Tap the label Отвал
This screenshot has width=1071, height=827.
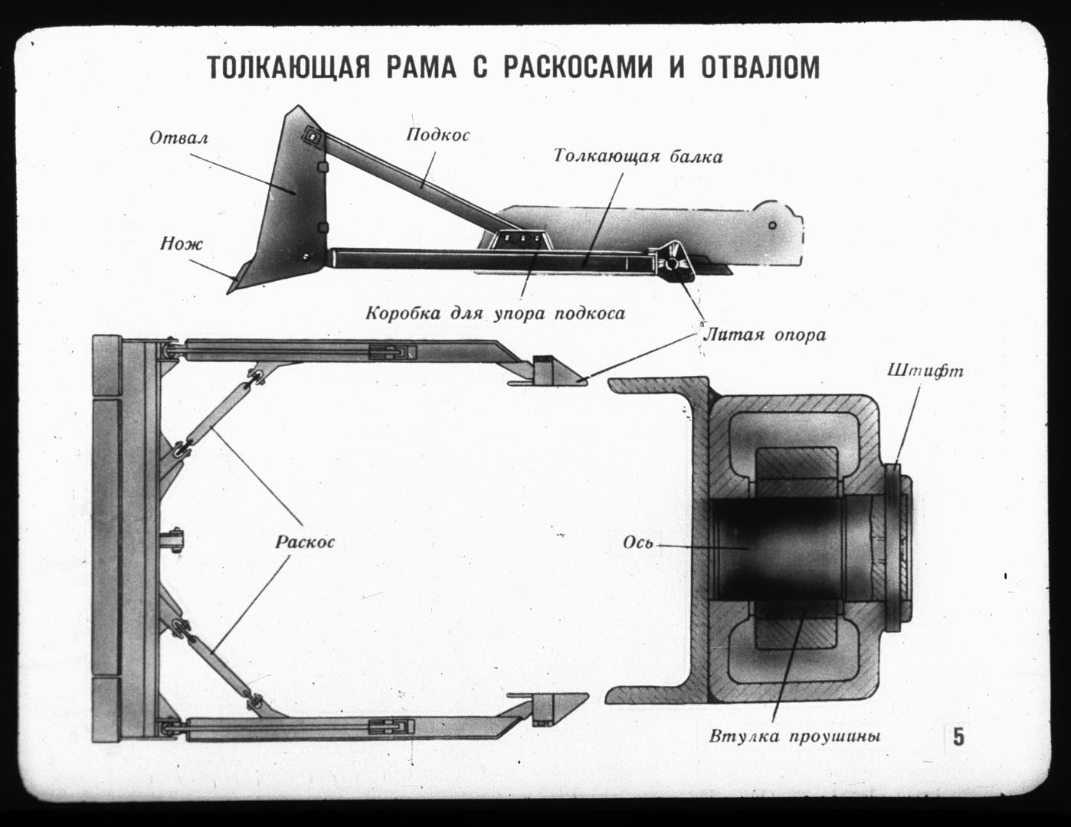tap(179, 138)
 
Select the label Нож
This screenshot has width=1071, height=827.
tap(182, 244)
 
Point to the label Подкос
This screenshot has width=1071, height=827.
tap(438, 135)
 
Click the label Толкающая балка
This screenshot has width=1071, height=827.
tap(638, 156)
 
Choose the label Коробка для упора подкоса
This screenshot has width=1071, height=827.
tap(496, 313)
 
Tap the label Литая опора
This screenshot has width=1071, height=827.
tap(765, 335)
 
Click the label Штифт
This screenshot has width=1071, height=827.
tap(925, 371)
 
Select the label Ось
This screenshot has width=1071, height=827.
tap(638, 542)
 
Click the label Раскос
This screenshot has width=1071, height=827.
tap(305, 542)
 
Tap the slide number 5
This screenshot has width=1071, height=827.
tap(958, 737)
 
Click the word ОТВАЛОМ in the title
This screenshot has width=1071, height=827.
tap(761, 67)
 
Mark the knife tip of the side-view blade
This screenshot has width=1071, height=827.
tap(228, 293)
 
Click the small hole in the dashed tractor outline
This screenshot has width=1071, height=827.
tap(772, 225)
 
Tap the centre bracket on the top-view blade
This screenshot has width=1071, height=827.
tap(172, 540)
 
